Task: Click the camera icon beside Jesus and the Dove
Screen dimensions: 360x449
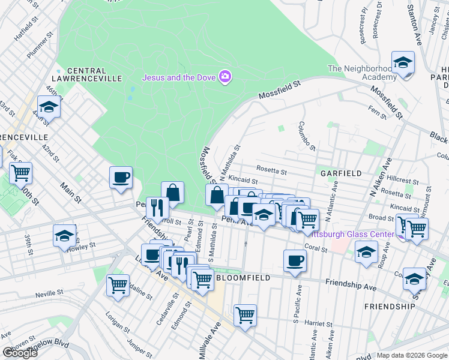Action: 225,77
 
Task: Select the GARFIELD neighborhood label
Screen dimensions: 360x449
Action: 341,173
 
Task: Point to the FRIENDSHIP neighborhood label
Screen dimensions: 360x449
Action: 389,306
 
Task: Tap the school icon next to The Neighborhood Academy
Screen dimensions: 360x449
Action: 403,63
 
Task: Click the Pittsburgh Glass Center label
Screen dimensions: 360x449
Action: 361,234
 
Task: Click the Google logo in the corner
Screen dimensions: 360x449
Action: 20,353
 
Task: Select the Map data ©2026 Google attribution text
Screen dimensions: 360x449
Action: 412,355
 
